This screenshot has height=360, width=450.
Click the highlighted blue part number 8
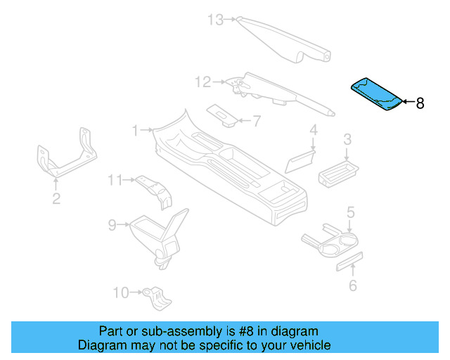point(377,95)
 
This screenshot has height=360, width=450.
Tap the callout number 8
point(420,103)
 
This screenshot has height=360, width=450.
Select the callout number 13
point(215,20)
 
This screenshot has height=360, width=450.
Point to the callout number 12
point(202,83)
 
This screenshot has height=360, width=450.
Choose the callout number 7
point(257,121)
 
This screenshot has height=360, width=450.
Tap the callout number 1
point(136,130)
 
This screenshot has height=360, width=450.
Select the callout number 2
point(56,199)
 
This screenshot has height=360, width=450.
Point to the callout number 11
point(115,181)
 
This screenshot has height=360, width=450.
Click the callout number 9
point(112,225)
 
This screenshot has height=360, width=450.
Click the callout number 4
point(314,130)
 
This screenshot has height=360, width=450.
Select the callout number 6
point(353,285)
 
